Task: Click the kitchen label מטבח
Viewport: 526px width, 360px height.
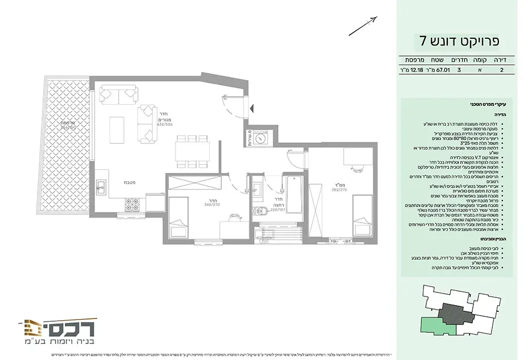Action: [x=131, y=182]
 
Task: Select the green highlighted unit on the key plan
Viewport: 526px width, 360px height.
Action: [x=437, y=326]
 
